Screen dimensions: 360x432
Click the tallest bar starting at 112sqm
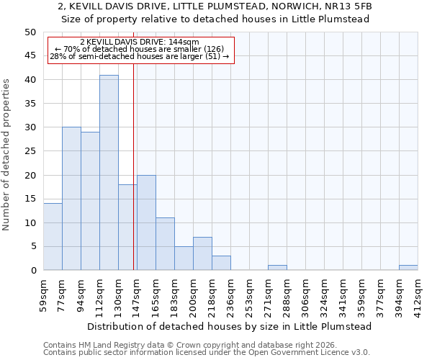109,173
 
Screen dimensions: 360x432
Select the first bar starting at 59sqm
53,237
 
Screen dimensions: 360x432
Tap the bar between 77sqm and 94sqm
71,199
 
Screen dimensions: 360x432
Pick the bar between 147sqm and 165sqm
146,222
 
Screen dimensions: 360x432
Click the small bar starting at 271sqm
277,268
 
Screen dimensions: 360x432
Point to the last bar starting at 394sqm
408,268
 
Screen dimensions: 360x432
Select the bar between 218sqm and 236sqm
221,263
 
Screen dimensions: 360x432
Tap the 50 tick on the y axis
30,32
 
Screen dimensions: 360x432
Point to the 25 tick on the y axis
30,151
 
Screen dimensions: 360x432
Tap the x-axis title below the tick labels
228,326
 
